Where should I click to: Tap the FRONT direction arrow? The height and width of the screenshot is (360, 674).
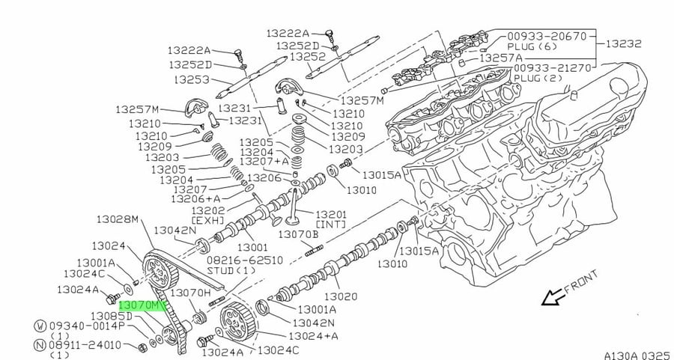pyautogui.click(x=553, y=297)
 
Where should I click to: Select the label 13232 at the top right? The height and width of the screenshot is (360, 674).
pyautogui.click(x=624, y=43)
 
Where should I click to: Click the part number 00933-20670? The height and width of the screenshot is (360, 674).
pyautogui.click(x=547, y=36)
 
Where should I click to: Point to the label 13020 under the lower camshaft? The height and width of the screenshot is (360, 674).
pyautogui.click(x=341, y=296)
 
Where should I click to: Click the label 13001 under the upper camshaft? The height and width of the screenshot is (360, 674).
pyautogui.click(x=252, y=247)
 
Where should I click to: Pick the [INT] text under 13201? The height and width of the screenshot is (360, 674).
pyautogui.click(x=331, y=225)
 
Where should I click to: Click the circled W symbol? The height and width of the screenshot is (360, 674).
pyautogui.click(x=40, y=326)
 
